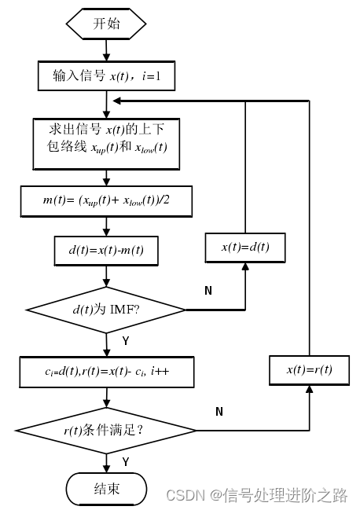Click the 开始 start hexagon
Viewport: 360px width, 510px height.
point(106,24)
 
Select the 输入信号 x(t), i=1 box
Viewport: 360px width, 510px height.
point(107,76)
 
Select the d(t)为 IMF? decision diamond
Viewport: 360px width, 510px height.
point(107,310)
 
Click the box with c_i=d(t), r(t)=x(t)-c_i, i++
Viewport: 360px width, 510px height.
point(107,372)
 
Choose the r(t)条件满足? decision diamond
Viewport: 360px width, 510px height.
point(107,430)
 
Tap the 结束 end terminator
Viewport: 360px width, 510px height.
point(107,488)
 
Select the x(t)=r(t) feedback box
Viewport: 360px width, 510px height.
point(310,369)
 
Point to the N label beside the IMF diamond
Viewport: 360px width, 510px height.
point(208,291)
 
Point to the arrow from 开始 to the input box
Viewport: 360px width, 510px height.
point(106,50)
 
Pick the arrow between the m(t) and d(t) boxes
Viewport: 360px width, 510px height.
point(106,224)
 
